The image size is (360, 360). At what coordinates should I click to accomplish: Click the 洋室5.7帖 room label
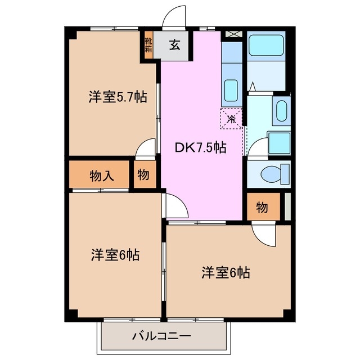pos(118,97)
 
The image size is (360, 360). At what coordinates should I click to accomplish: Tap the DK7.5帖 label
pos(201,148)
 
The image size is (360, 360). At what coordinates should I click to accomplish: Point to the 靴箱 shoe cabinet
pos(148,45)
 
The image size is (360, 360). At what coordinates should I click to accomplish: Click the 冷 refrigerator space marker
pos(231,119)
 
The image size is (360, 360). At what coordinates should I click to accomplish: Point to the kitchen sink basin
pos(231,89)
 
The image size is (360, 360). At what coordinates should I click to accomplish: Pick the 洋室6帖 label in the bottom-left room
pos(115,255)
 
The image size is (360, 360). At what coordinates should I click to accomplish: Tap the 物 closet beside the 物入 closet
pos(143,175)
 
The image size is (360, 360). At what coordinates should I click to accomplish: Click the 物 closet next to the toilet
pos(262,208)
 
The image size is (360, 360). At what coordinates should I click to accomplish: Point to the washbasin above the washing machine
pos(280,111)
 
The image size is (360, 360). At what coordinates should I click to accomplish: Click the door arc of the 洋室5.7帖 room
pos(146,149)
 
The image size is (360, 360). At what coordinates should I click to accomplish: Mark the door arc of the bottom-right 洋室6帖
pos(262,233)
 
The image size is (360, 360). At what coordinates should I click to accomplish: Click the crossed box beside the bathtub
pos(232,34)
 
